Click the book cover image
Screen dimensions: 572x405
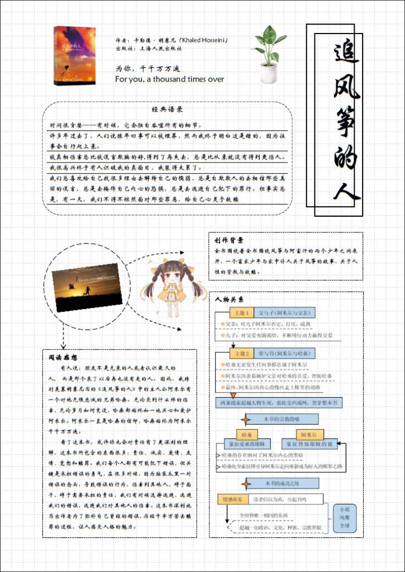pyautogui.click(x=74, y=56)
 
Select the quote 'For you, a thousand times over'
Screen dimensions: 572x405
pyautogui.click(x=169, y=79)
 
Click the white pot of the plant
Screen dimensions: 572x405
pyautogui.click(x=268, y=73)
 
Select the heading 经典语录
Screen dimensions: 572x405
pyautogui.click(x=167, y=110)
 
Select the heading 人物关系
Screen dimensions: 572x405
pyautogui.click(x=230, y=299)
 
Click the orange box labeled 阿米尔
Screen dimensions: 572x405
pyautogui.click(x=309, y=434)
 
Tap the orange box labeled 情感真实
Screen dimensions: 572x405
pyautogui.click(x=231, y=498)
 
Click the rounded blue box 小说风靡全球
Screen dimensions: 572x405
pyautogui.click(x=343, y=518)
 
